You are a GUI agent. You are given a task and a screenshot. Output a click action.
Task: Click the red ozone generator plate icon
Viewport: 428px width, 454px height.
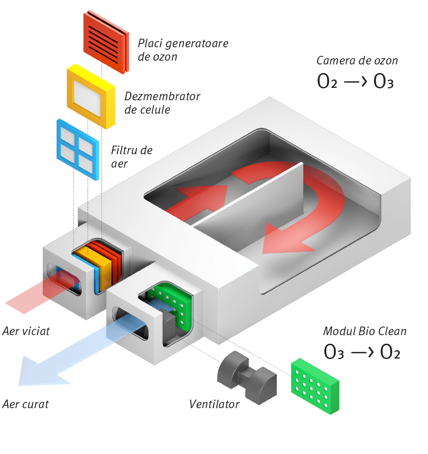[106, 42]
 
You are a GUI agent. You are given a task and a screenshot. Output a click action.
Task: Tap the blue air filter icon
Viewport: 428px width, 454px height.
[77, 149]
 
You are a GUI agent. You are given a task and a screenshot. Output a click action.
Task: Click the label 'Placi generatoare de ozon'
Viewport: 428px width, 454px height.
[183, 50]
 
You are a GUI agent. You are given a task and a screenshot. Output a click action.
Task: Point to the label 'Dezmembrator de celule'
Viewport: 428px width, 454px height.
[162, 103]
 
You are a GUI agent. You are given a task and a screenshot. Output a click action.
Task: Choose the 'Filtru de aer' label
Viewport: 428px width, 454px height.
[131, 157]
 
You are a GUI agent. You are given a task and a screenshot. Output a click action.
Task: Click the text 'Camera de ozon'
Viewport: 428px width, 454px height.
[356, 61]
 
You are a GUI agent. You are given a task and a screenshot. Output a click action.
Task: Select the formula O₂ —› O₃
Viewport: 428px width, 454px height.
[355, 82]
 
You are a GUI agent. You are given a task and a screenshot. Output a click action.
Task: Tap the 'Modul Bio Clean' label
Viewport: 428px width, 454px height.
[364, 331]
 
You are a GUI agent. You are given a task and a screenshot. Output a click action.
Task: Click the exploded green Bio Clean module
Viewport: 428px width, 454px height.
[315, 385]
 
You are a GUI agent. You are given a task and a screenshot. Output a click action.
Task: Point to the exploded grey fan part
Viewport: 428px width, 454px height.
[246, 377]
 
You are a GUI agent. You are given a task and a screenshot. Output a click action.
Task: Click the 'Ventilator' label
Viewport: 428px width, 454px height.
[214, 404]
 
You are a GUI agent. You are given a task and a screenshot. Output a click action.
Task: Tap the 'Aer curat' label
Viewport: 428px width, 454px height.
[25, 404]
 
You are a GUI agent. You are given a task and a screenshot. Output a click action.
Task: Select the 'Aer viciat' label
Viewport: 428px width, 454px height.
[26, 331]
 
